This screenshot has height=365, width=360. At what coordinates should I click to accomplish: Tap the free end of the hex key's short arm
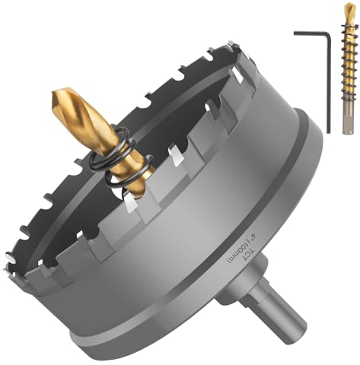coord(295,33)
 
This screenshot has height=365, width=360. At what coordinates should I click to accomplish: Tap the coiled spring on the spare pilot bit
coord(349,68)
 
